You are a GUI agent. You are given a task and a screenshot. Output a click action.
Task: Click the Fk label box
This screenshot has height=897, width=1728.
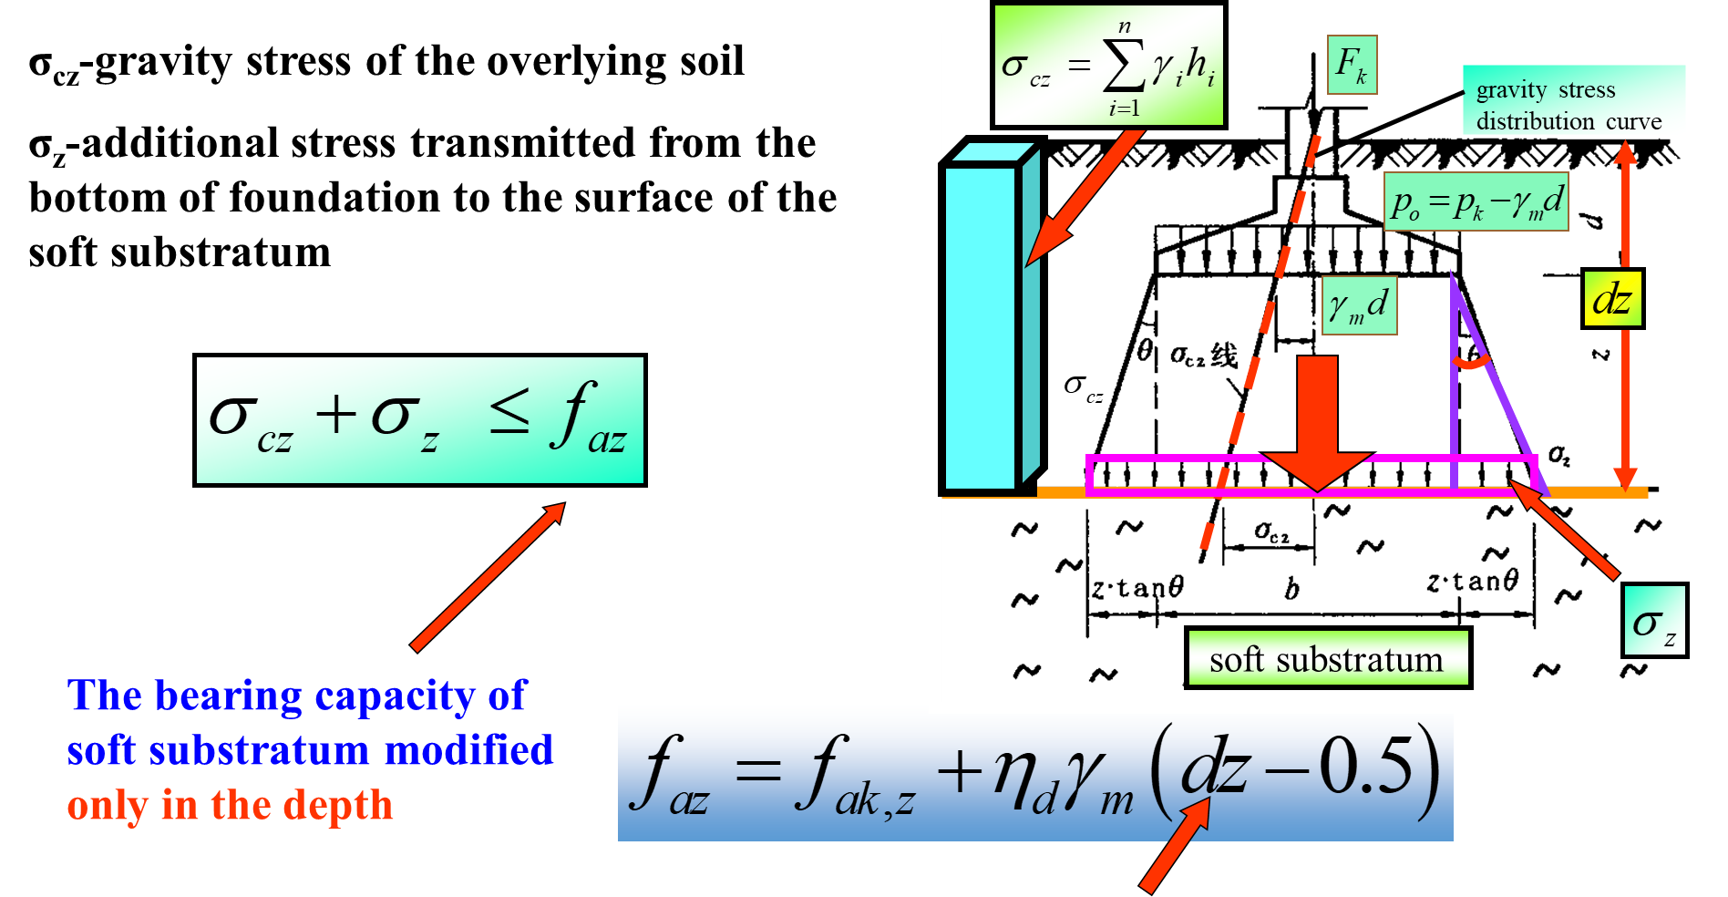point(1352,65)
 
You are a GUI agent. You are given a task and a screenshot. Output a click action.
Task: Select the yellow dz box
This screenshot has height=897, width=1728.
point(1612,299)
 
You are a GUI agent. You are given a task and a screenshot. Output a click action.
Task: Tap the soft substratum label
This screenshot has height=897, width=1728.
point(1327,658)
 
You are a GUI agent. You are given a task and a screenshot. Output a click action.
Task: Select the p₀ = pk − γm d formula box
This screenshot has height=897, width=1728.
point(1476,201)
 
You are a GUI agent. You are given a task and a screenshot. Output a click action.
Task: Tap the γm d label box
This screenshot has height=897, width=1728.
point(1359,305)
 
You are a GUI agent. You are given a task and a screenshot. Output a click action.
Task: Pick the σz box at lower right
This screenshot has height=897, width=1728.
point(1654,621)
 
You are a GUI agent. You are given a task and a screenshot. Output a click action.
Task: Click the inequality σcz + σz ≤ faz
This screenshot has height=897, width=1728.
point(419,420)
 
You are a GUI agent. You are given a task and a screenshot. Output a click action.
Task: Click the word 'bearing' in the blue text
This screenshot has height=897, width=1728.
point(228,696)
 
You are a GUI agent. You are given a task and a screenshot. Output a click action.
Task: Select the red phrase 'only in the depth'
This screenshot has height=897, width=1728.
point(230,806)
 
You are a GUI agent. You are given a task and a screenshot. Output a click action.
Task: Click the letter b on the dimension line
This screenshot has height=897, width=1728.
point(1291,590)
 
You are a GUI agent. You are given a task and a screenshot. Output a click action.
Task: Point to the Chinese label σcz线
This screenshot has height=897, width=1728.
point(1203,356)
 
